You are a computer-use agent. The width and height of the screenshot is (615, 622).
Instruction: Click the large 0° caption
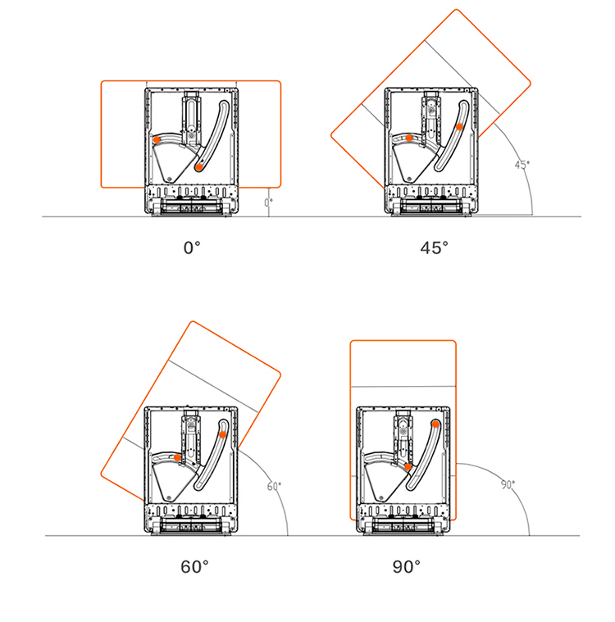click(192, 248)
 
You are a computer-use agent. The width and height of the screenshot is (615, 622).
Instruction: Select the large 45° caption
click(434, 248)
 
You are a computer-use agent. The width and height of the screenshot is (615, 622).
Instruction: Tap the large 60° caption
click(194, 567)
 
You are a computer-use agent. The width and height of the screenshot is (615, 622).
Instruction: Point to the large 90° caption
click(407, 567)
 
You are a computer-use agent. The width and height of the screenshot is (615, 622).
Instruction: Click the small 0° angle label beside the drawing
click(269, 202)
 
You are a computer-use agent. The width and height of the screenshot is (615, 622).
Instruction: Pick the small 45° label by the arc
click(522, 165)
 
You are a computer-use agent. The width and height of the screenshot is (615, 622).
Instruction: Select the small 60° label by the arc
click(274, 486)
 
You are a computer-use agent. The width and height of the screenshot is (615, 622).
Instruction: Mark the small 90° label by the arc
click(508, 484)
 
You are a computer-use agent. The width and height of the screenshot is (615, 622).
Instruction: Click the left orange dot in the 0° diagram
click(157, 139)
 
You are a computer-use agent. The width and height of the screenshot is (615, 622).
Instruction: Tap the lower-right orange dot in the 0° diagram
click(198, 167)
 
